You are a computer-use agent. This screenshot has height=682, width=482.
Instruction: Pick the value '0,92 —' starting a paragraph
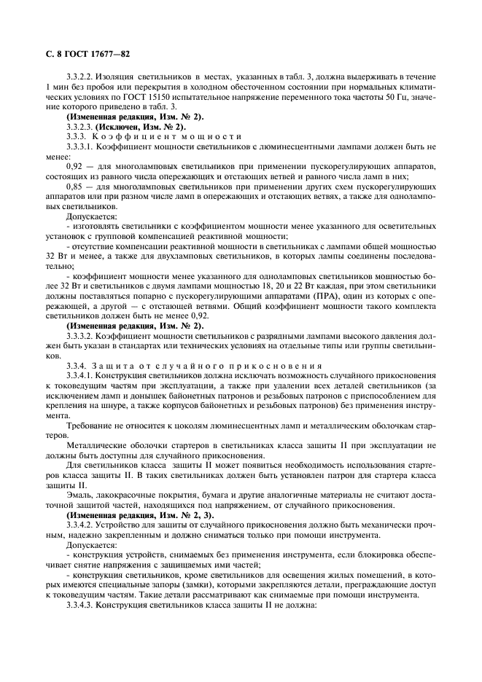79,165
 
